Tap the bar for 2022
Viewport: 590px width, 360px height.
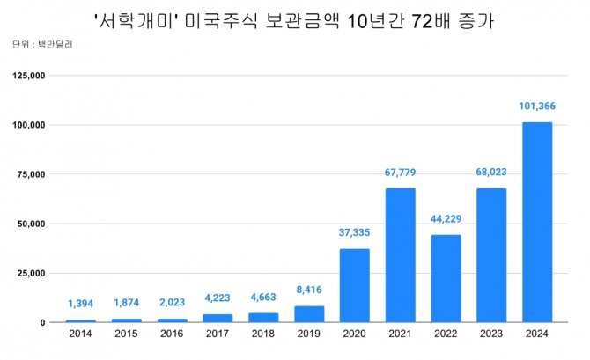(x=446, y=278)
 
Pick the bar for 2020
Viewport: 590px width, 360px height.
(x=354, y=285)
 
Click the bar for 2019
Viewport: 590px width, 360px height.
(x=308, y=314)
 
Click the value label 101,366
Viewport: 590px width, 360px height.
(x=537, y=107)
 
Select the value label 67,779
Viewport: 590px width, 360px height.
(x=400, y=173)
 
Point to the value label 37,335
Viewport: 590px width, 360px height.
(x=354, y=233)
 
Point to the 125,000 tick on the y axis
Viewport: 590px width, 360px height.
(x=26, y=77)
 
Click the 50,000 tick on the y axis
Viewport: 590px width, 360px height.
(x=29, y=224)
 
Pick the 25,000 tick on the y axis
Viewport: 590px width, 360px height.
(x=29, y=274)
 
